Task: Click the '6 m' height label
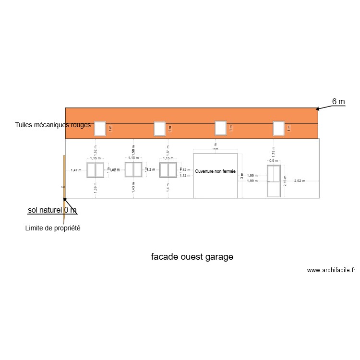click(x=338, y=101)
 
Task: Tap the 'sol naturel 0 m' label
click(x=52, y=210)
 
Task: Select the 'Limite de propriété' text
click(x=52, y=228)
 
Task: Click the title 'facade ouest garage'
click(x=192, y=257)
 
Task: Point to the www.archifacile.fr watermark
click(x=331, y=270)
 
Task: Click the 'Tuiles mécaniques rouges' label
click(x=53, y=125)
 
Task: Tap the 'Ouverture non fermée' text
click(x=216, y=171)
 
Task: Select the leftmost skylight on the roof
click(x=100, y=129)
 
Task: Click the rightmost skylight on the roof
click(x=279, y=128)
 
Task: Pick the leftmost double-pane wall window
click(x=96, y=170)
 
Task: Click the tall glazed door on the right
click(x=274, y=180)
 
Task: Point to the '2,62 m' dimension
click(x=300, y=181)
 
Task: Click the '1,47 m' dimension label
click(x=76, y=170)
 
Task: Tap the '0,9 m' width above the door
click(x=274, y=161)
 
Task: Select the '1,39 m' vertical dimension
click(x=95, y=188)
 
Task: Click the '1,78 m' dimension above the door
click(x=274, y=153)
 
